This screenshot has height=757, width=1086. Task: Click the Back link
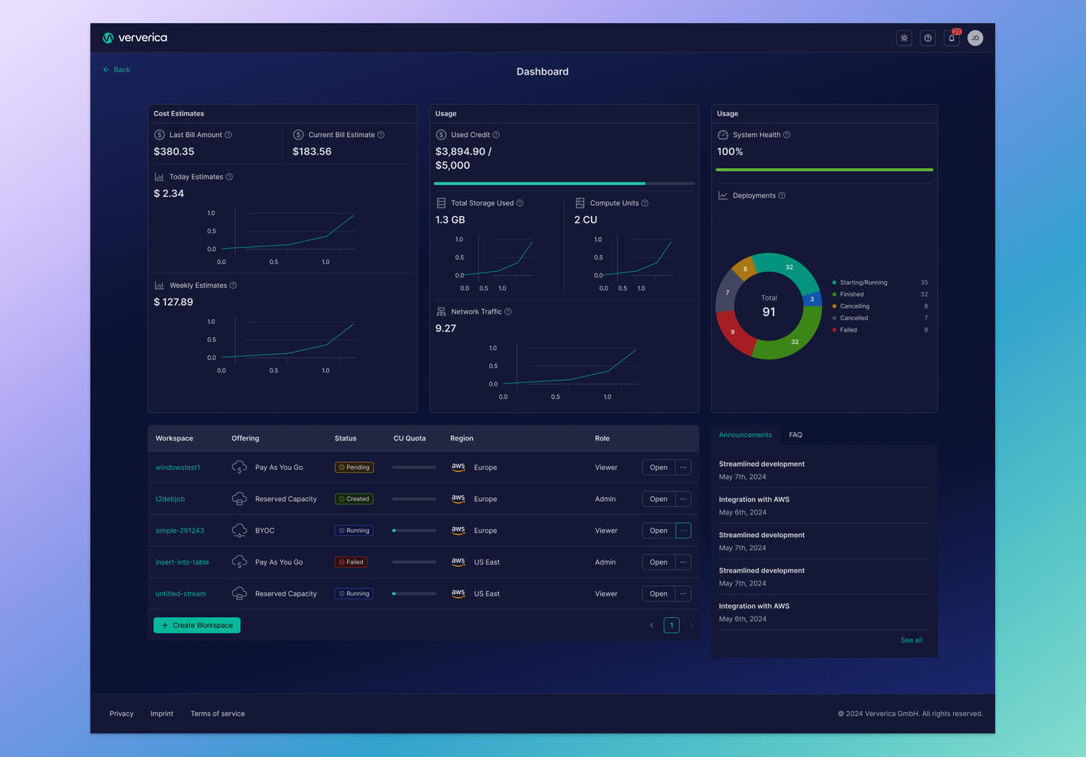(x=117, y=70)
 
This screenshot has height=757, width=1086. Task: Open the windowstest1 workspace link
(x=178, y=467)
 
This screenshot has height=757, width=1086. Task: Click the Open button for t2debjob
(x=658, y=499)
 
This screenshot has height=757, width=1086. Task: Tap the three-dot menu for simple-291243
(x=683, y=531)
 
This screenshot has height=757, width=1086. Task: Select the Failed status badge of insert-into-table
(x=351, y=562)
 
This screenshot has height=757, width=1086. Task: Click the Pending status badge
(x=354, y=467)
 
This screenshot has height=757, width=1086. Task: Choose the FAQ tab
(x=795, y=435)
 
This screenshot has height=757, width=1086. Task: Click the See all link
(x=911, y=640)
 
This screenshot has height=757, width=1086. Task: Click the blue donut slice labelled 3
(x=813, y=298)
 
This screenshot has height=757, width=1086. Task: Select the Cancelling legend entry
(x=854, y=306)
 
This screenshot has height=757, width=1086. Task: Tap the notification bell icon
(x=952, y=38)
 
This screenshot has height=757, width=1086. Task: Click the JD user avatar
(x=975, y=38)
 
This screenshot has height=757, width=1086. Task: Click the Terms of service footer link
(x=217, y=714)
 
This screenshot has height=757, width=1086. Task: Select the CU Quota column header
(x=409, y=438)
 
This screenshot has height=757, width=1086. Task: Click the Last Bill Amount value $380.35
(x=174, y=151)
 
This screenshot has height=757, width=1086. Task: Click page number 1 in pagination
(x=671, y=625)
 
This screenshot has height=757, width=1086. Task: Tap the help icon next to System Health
(x=787, y=135)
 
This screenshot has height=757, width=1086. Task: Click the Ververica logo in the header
(x=135, y=38)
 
